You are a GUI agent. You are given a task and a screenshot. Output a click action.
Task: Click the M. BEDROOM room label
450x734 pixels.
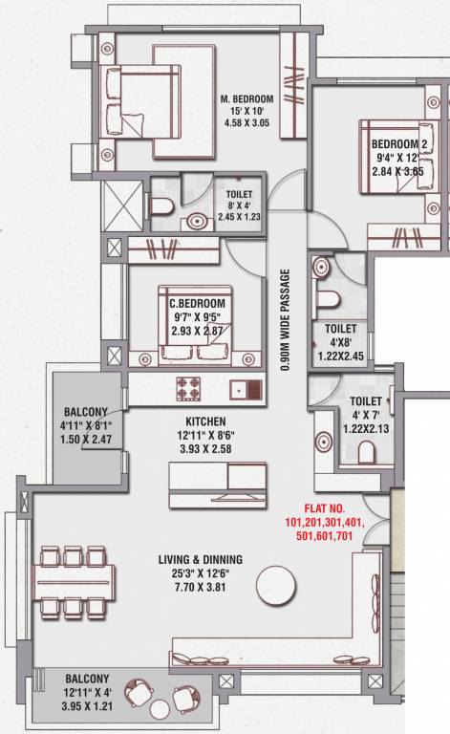(246, 99)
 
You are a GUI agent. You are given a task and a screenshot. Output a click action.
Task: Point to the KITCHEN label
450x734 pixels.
(205, 421)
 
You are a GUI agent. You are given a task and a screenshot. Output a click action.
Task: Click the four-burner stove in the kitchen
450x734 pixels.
(186, 389)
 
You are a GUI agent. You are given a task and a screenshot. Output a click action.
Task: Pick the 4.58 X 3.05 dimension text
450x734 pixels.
(246, 122)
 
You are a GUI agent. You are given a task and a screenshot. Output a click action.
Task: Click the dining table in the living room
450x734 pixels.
(73, 580)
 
